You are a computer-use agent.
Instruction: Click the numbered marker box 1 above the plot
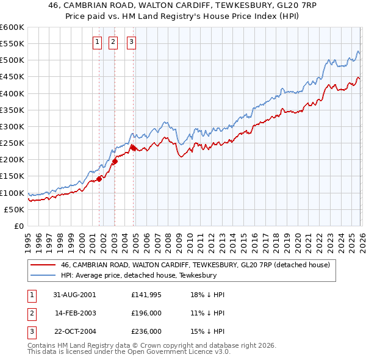(x=97, y=42)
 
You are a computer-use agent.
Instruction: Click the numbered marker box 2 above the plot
(x=113, y=42)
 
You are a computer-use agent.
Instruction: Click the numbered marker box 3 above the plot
(x=131, y=42)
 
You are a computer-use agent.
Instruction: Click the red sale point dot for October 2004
(x=133, y=147)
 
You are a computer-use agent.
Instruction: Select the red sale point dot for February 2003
(x=115, y=161)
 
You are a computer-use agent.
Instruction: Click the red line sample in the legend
(x=43, y=265)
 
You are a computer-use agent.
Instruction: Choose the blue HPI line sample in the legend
(x=43, y=276)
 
